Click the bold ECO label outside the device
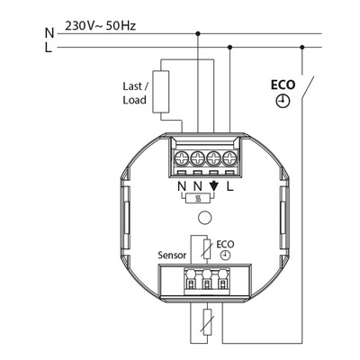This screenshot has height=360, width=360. pyautogui.click(x=283, y=86)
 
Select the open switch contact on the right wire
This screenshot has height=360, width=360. pyautogui.click(x=307, y=90)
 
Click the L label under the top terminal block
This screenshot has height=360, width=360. pyautogui.click(x=230, y=186)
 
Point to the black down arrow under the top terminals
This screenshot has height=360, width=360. pyautogui.click(x=213, y=186)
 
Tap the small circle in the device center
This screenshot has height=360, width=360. pyautogui.click(x=205, y=217)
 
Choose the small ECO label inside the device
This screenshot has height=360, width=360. pyautogui.click(x=224, y=243)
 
